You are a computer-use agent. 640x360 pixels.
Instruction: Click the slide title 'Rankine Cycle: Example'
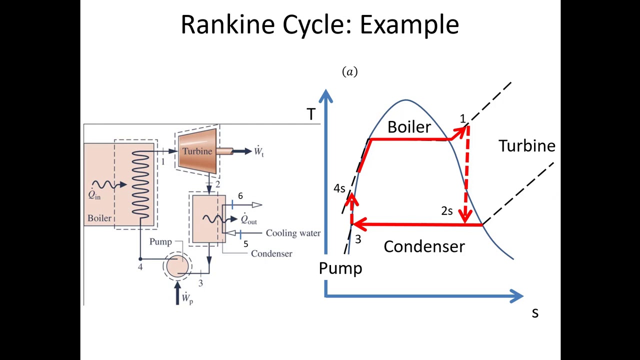[x=319, y=24]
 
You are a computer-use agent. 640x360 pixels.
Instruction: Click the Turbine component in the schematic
[x=197, y=151]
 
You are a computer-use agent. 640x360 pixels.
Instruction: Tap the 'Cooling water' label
[x=293, y=233]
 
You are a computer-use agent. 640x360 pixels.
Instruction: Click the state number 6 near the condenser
[x=240, y=196]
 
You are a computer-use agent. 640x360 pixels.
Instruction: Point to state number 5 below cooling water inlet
[x=245, y=244]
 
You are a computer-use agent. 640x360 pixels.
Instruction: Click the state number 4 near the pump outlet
[x=140, y=267]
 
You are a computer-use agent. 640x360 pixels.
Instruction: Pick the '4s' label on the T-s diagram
[x=339, y=188]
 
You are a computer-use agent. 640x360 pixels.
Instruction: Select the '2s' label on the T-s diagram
[x=447, y=211]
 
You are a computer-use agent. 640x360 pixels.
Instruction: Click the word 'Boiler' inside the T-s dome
[x=409, y=127]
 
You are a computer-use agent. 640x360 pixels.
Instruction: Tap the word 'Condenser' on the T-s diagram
[x=424, y=246]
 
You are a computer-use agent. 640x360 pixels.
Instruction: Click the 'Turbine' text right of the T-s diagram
[x=526, y=146]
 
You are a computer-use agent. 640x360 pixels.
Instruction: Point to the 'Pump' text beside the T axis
[x=340, y=268]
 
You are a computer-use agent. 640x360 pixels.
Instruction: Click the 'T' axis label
[x=311, y=115]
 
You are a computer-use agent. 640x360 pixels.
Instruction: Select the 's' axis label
[x=535, y=313]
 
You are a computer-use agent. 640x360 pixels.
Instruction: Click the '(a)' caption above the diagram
[x=349, y=72]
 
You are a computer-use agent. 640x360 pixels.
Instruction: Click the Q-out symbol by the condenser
[x=248, y=219]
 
